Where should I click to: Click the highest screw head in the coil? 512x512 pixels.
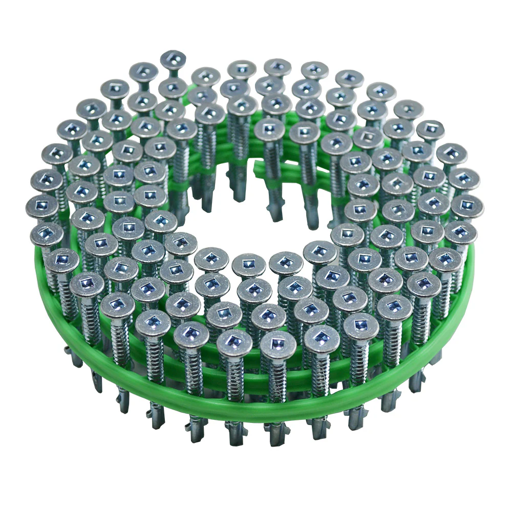pos(173,58)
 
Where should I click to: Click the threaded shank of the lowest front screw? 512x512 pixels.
pos(276,379)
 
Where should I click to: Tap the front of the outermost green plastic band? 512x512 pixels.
pos(256,410)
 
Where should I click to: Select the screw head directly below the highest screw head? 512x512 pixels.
pos(173,88)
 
